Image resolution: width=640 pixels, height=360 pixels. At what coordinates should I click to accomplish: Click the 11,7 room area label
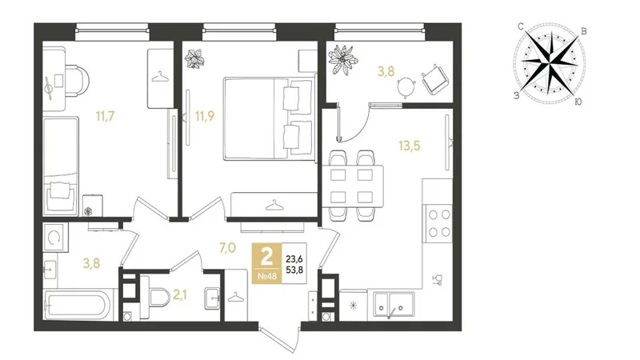tap(106, 116)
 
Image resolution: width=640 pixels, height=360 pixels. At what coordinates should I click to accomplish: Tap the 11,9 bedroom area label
tap(205, 116)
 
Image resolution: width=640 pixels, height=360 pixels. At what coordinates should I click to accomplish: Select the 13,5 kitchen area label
tap(410, 146)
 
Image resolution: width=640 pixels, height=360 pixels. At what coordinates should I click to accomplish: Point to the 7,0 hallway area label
tap(228, 248)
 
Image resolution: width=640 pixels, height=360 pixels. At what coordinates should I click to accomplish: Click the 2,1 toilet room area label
tap(180, 294)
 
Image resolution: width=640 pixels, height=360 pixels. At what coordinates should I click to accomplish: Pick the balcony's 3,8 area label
tap(386, 72)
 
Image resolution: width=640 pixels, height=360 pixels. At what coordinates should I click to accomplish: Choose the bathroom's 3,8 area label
tap(91, 264)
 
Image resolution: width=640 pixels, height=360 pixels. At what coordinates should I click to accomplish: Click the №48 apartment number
tap(267, 276)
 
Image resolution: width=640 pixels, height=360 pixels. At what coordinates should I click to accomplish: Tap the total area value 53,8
tap(294, 269)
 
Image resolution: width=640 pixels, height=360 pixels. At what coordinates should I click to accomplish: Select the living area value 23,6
tap(294, 258)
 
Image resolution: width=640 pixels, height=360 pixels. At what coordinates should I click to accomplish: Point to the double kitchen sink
tap(390, 306)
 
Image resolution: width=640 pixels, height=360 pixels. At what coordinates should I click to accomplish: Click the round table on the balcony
tap(406, 86)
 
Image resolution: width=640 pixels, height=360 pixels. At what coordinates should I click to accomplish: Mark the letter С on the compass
tap(521, 27)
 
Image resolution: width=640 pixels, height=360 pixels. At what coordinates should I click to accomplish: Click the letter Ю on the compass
tap(578, 102)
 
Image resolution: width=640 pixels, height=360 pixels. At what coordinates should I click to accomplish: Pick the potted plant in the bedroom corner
tap(194, 58)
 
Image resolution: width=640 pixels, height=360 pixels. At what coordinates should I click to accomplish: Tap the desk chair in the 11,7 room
tap(77, 81)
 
